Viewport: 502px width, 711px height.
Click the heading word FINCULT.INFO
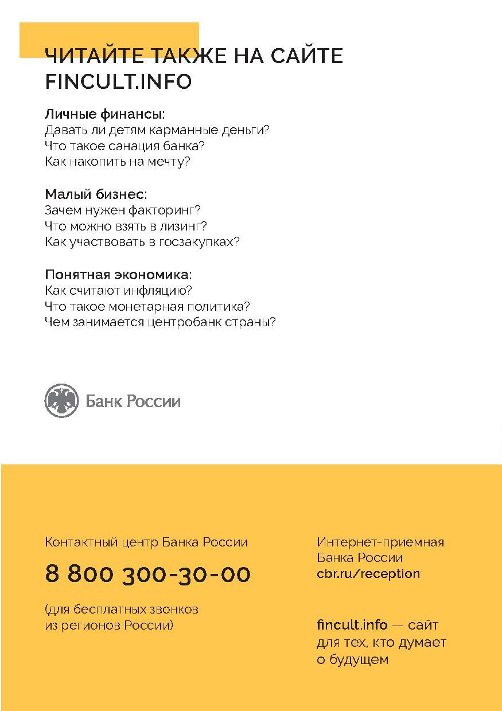(x=118, y=82)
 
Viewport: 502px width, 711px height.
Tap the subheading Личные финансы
(x=104, y=114)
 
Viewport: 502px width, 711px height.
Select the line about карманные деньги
(x=157, y=130)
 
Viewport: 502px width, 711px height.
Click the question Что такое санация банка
(x=124, y=146)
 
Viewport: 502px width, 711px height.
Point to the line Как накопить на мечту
(x=117, y=162)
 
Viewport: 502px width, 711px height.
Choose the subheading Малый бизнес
(x=96, y=194)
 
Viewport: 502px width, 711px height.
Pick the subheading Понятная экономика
(x=118, y=274)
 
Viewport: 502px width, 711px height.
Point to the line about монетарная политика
(x=147, y=306)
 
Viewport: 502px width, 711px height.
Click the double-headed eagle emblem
(x=61, y=401)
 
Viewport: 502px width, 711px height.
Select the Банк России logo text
(x=133, y=401)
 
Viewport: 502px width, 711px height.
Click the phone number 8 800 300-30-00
(x=147, y=574)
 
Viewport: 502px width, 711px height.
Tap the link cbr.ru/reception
(x=368, y=573)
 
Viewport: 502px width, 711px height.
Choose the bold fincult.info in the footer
(x=352, y=625)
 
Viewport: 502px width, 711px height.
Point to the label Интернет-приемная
(x=380, y=542)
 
